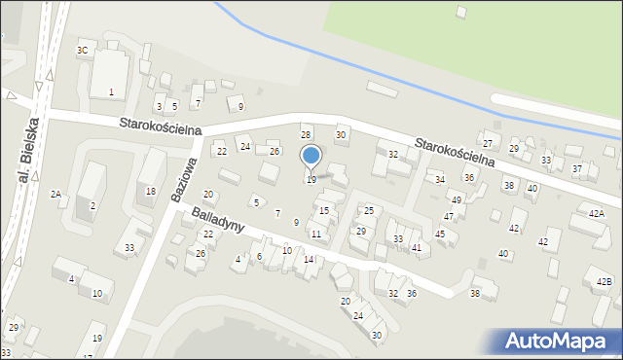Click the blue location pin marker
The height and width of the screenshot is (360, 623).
[311, 156]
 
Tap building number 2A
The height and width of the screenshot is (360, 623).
[55, 195]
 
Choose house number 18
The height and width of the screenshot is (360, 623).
[150, 192]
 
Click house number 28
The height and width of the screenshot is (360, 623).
[305, 135]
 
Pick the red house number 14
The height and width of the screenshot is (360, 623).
[308, 260]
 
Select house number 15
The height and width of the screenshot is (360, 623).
[324, 211]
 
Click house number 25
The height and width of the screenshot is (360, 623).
[369, 211]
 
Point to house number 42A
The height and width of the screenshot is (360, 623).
[596, 213]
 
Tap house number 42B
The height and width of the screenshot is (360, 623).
[605, 282]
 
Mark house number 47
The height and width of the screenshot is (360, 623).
[449, 217]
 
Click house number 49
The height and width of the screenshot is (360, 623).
[456, 200]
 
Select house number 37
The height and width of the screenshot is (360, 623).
[576, 169]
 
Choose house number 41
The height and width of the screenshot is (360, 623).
[416, 248]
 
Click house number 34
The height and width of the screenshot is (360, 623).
[440, 180]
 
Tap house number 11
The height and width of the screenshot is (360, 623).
[315, 234]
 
